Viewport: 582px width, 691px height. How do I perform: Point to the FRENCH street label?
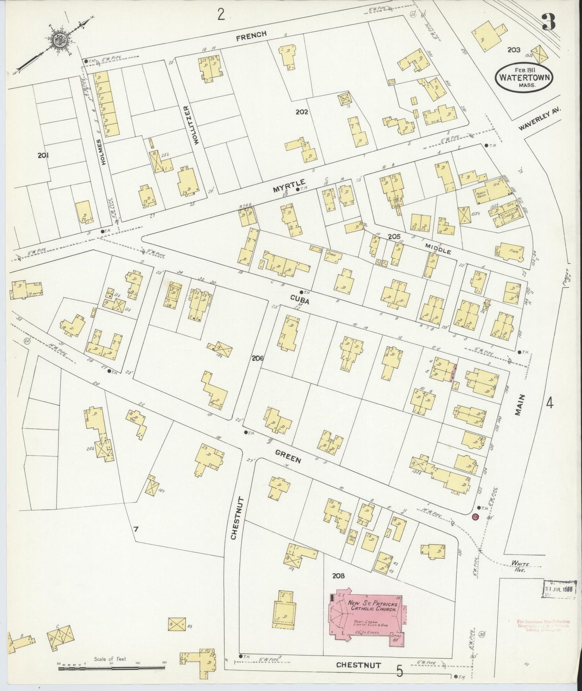point(251,35)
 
